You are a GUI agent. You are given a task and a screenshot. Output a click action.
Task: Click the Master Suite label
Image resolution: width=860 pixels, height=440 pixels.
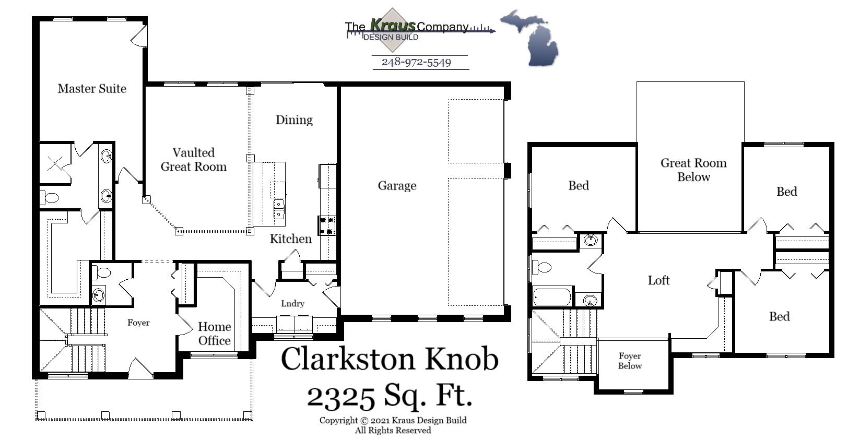(x=92, y=89)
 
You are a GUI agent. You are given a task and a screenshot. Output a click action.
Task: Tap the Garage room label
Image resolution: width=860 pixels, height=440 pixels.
(x=397, y=186)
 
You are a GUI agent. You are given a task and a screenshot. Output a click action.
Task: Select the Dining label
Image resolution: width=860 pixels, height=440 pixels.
(x=294, y=120)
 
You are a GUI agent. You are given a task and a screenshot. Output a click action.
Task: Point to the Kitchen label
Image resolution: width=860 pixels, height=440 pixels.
(x=290, y=239)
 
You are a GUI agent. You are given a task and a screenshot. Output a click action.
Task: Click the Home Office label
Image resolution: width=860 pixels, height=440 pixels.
(x=214, y=334)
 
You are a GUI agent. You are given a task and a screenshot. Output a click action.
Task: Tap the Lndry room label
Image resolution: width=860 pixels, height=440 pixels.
(x=292, y=303)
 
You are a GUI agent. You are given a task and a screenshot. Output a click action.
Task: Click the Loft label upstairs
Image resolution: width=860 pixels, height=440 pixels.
(x=658, y=280)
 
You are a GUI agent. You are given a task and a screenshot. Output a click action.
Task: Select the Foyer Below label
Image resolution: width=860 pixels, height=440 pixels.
(x=630, y=361)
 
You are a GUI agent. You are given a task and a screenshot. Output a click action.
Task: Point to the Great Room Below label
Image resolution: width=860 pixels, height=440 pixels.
(x=693, y=170)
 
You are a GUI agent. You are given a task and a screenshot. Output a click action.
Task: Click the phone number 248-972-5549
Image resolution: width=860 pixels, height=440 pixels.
(x=416, y=62)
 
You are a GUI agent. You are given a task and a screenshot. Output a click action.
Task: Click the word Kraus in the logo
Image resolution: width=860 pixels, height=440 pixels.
(x=393, y=25)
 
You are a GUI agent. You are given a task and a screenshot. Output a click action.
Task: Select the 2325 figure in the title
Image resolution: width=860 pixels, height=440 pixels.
(x=341, y=397)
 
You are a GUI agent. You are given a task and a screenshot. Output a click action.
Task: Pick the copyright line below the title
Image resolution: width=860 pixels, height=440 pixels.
(x=393, y=420)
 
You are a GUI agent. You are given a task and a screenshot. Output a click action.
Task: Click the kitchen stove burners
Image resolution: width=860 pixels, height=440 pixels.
(x=327, y=225)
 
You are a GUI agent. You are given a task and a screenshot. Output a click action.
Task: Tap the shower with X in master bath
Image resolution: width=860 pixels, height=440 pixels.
(x=55, y=164)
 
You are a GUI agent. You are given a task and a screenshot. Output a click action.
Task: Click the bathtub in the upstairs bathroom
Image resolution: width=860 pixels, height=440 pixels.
(x=552, y=297)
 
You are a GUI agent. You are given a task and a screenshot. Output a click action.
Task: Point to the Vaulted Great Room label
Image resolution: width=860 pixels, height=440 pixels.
(x=193, y=160)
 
